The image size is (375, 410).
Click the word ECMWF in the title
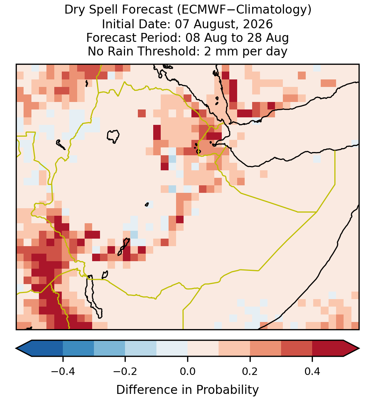(x=202, y=10)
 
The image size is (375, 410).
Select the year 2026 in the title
(x=258, y=24)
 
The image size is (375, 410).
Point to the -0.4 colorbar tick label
(x=63, y=371)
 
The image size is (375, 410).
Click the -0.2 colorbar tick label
(x=125, y=371)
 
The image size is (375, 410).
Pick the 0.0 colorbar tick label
(x=187, y=371)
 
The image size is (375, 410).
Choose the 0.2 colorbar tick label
(x=250, y=371)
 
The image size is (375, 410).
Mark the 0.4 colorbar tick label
(x=312, y=371)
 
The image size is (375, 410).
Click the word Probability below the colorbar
(x=227, y=390)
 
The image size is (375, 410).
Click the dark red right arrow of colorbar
(x=351, y=348)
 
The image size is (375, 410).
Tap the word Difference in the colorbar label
(x=150, y=390)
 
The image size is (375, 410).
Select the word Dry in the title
(x=73, y=10)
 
